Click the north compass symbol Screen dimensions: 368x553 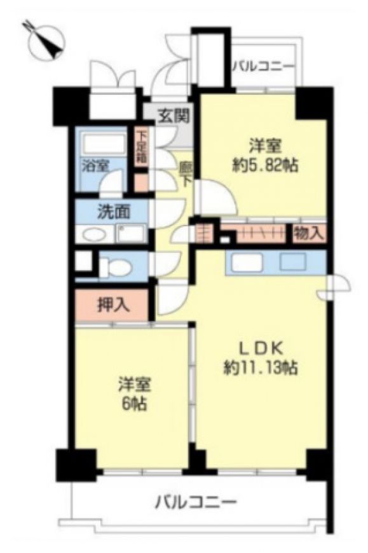46,41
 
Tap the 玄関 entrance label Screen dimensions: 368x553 174,115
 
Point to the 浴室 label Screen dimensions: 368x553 95,165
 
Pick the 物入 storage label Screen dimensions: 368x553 308,233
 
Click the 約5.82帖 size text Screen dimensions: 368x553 265,165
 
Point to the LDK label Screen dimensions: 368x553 261,349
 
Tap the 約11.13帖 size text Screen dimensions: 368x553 261,368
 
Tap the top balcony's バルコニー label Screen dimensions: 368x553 263,66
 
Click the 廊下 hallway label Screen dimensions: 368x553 186,174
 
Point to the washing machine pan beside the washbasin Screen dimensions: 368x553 131,233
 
